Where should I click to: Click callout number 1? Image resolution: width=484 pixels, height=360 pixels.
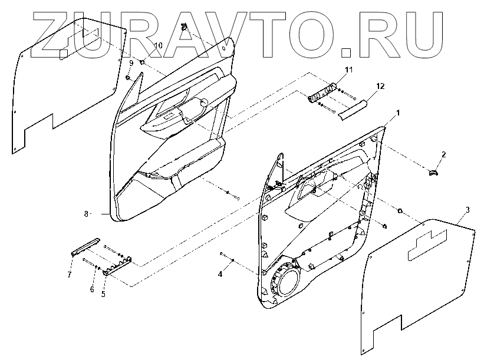pos(399,112)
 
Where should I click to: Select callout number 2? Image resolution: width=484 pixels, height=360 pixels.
pos(444,154)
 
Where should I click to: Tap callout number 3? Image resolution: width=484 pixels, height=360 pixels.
pos(467,210)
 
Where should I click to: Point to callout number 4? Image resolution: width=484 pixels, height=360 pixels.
pos(221,274)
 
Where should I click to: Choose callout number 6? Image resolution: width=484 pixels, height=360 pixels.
pos(91,290)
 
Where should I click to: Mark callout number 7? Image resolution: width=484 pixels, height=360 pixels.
pos(69,275)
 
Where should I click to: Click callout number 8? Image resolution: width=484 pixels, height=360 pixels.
pos(85,213)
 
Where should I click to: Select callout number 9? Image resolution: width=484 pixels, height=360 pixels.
pos(131,62)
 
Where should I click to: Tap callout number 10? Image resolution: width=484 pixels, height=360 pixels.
pos(158,45)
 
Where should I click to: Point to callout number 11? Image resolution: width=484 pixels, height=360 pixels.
pos(348,70)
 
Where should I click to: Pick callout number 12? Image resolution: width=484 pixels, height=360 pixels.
pos(380,86)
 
